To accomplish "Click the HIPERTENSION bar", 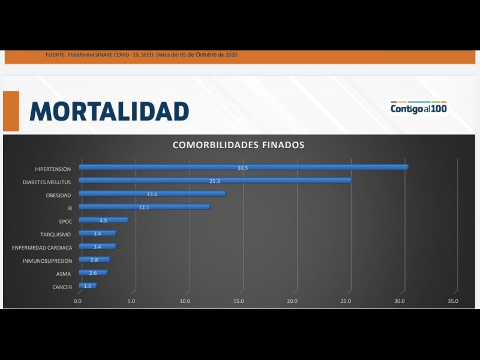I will tap(243, 167).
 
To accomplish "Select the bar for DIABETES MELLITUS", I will tap(215, 181).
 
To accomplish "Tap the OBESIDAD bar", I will tap(152, 194).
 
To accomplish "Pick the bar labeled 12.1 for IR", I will tap(144, 207).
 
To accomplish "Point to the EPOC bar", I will tap(103, 220).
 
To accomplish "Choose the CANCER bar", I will tap(88, 286).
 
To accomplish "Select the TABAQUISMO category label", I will tap(56, 234).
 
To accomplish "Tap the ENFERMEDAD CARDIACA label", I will tap(42, 247).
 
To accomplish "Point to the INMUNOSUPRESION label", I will tap(47, 260).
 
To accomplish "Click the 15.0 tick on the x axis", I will tap(239, 301).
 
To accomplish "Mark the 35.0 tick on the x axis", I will tap(453, 301).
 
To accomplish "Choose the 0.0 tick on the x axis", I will tap(78, 301).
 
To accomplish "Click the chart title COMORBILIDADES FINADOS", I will tap(238, 145).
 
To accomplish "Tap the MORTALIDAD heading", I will tap(109, 112).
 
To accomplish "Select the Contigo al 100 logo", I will tap(418, 108).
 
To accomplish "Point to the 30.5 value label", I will tap(242, 168).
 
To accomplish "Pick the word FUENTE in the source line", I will tap(55, 55).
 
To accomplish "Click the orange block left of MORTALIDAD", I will tap(11, 111).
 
